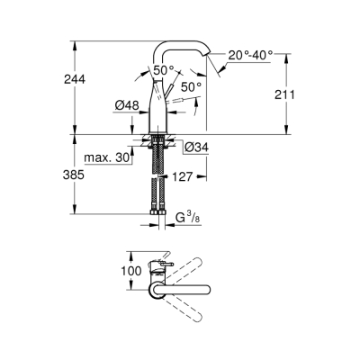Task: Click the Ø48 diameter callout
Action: tap(126, 105)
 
